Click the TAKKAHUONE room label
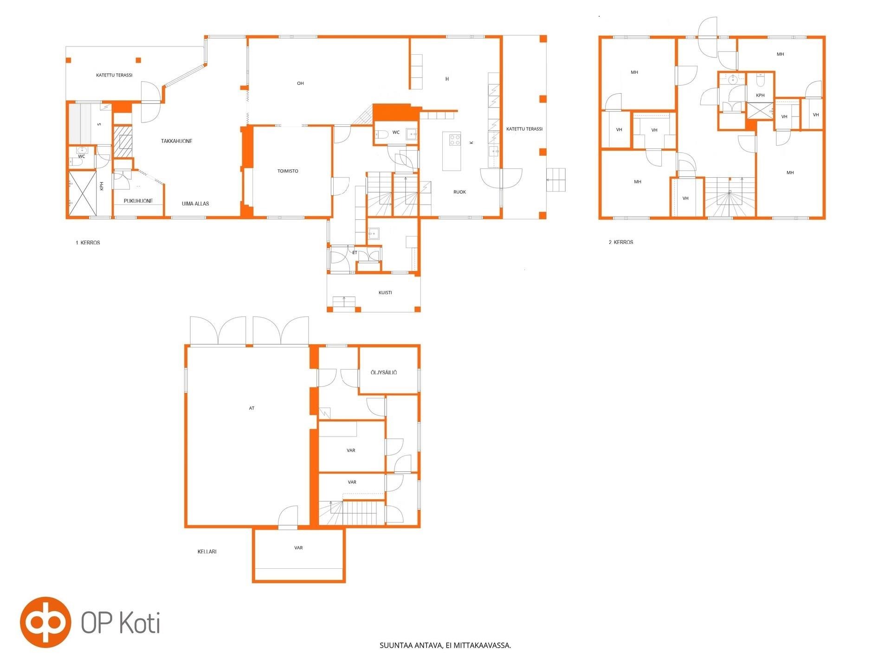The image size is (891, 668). click(176, 141)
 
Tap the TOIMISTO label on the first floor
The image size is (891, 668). click(288, 171)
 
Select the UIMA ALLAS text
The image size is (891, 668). click(195, 204)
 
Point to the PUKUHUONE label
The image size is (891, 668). click(138, 201)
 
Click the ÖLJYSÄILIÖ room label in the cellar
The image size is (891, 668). click(384, 373)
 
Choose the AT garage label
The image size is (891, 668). click(252, 408)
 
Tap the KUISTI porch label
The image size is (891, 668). click(385, 293)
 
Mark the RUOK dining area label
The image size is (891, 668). click(459, 192)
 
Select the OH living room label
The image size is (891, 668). click(300, 83)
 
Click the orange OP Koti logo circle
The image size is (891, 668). click(45, 622)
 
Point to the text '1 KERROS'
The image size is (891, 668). click(88, 243)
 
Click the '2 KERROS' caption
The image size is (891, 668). click(621, 242)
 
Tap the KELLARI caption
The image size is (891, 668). click(207, 552)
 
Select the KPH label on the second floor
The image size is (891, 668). click(760, 96)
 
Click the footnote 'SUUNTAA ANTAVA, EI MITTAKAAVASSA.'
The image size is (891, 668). click(445, 645)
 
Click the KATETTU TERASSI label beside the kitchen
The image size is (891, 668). click(524, 129)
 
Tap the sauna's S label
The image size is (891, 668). click(99, 124)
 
